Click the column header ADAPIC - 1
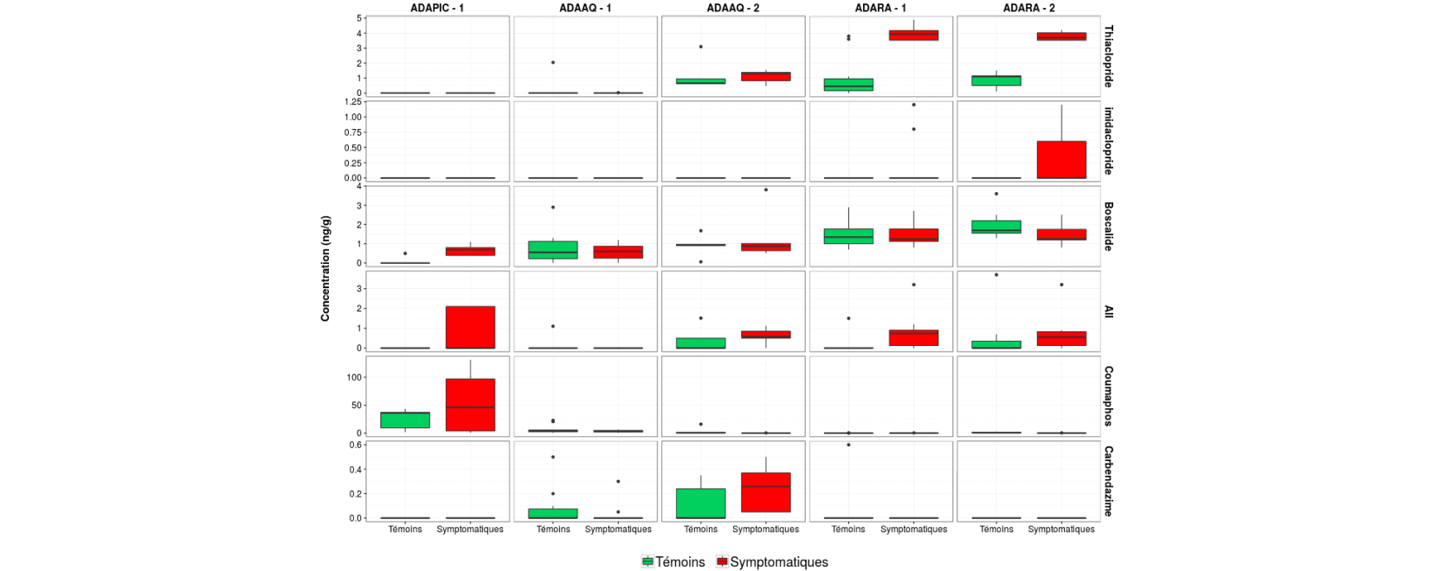point(437,8)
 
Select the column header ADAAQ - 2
point(732,8)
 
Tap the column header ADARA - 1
point(880,8)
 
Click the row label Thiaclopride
point(1108,56)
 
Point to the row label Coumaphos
point(1108,396)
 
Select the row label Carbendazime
point(1108,481)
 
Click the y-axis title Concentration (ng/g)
point(325,268)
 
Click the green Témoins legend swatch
point(648,562)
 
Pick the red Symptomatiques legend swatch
point(722,562)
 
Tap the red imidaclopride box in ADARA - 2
point(1061,159)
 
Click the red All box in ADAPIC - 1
point(470,328)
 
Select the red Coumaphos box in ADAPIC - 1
point(470,405)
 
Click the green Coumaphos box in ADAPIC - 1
point(405,420)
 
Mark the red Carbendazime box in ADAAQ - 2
point(765,492)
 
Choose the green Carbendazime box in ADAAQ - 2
point(700,504)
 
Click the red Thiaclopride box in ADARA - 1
point(913,35)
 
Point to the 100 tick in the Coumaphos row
point(354,377)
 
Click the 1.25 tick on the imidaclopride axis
point(353,102)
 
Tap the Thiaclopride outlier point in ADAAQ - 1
point(553,62)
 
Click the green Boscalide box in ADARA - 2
point(996,227)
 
